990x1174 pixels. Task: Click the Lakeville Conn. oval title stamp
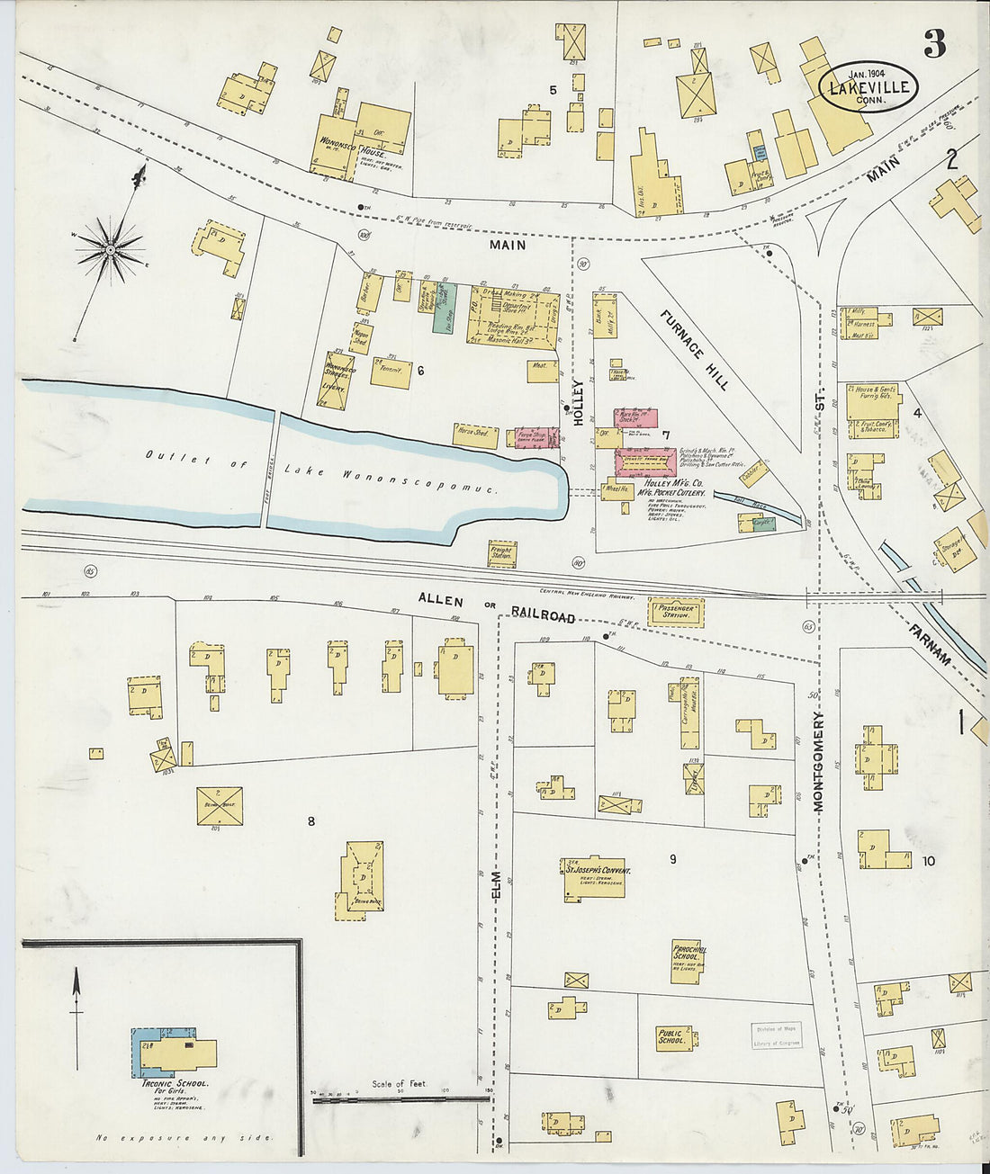click(868, 87)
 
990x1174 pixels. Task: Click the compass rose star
click(110, 247)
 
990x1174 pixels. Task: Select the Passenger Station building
click(675, 612)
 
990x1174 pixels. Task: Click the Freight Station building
click(502, 554)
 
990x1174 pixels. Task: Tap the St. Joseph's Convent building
click(594, 878)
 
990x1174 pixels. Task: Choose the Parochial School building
click(686, 962)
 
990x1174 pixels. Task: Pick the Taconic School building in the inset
click(175, 1053)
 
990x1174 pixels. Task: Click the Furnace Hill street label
click(694, 349)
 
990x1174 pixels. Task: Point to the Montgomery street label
click(819, 762)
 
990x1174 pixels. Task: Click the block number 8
click(311, 820)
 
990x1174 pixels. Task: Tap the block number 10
click(929, 861)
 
